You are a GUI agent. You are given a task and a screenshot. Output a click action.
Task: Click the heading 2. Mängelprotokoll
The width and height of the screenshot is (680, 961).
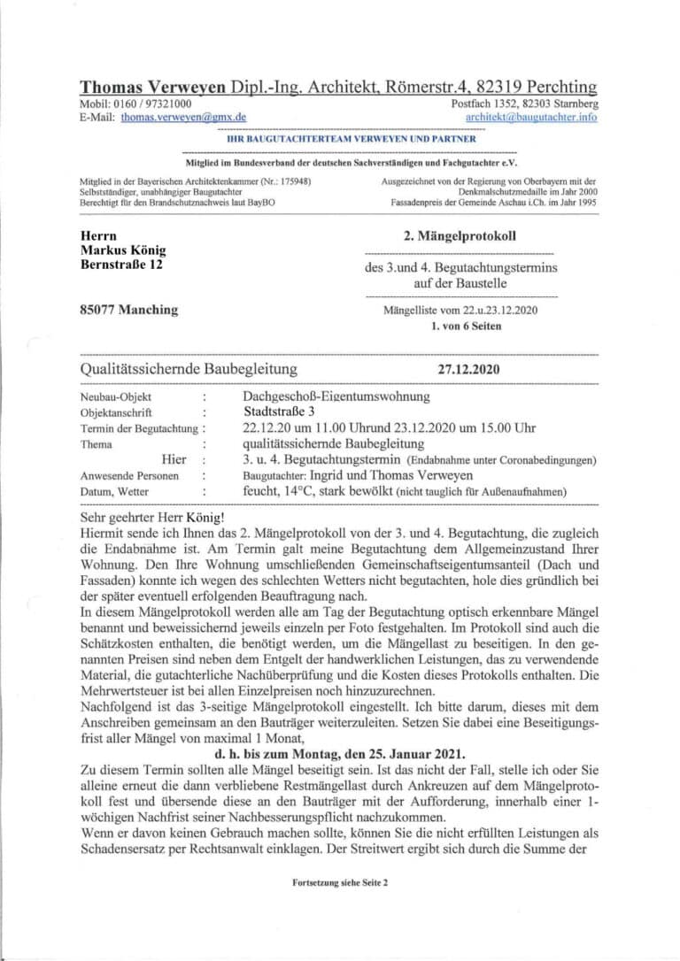point(459,236)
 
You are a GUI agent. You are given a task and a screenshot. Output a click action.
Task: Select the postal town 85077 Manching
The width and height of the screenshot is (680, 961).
point(128,310)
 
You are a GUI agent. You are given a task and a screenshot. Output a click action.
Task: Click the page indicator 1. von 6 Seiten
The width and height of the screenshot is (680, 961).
point(466,326)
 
